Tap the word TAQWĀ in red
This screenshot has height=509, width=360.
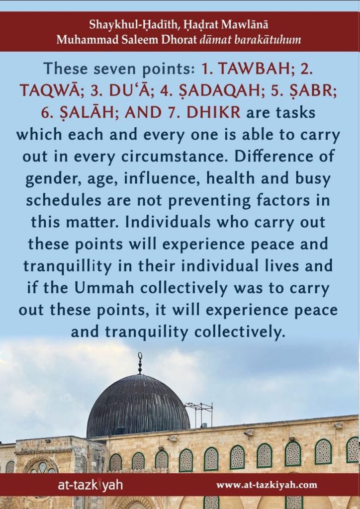tap(50, 90)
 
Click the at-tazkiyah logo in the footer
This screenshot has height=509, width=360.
tap(90, 486)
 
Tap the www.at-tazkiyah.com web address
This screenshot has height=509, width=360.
tap(267, 486)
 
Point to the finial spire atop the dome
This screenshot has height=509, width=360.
tap(140, 363)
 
